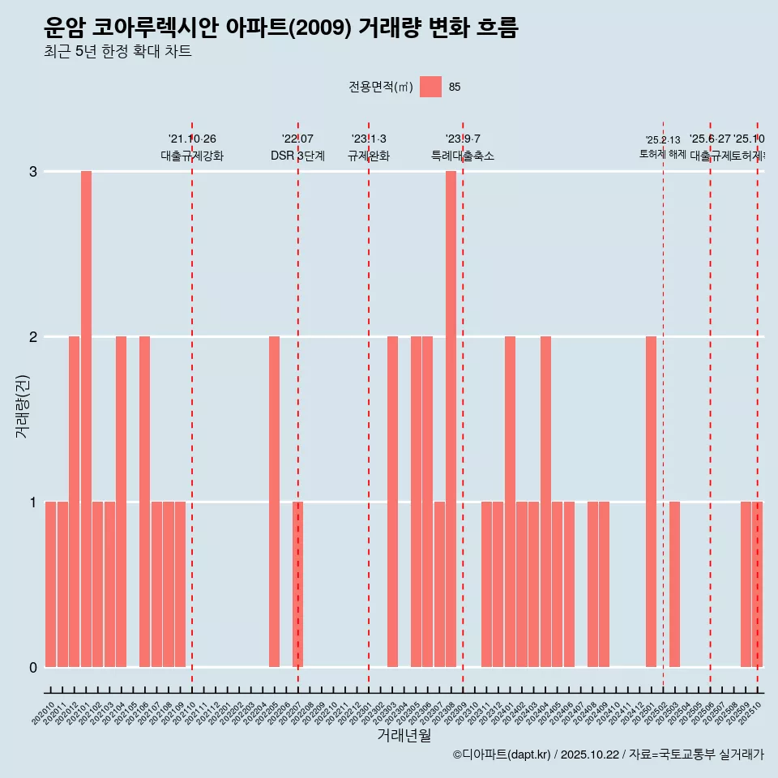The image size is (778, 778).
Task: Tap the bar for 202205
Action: [274, 502]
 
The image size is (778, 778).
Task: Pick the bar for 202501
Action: [651, 502]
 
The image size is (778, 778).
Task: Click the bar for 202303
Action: [392, 502]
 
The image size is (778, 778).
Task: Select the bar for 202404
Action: [545, 502]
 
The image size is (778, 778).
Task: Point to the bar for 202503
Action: [674, 584]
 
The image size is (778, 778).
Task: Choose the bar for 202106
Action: [144, 502]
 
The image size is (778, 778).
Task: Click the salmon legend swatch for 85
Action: [430, 87]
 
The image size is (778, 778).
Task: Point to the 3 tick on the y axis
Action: [33, 171]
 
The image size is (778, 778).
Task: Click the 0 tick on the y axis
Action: [33, 667]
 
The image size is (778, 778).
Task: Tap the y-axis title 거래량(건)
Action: [22, 406]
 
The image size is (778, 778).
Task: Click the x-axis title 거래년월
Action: [404, 735]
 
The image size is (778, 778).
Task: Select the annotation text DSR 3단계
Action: [297, 156]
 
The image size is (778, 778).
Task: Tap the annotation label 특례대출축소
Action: [462, 156]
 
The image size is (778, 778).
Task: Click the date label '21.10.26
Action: [192, 139]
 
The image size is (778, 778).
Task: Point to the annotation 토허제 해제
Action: [663, 153]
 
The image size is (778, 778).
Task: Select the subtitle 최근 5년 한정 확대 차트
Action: [118, 53]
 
